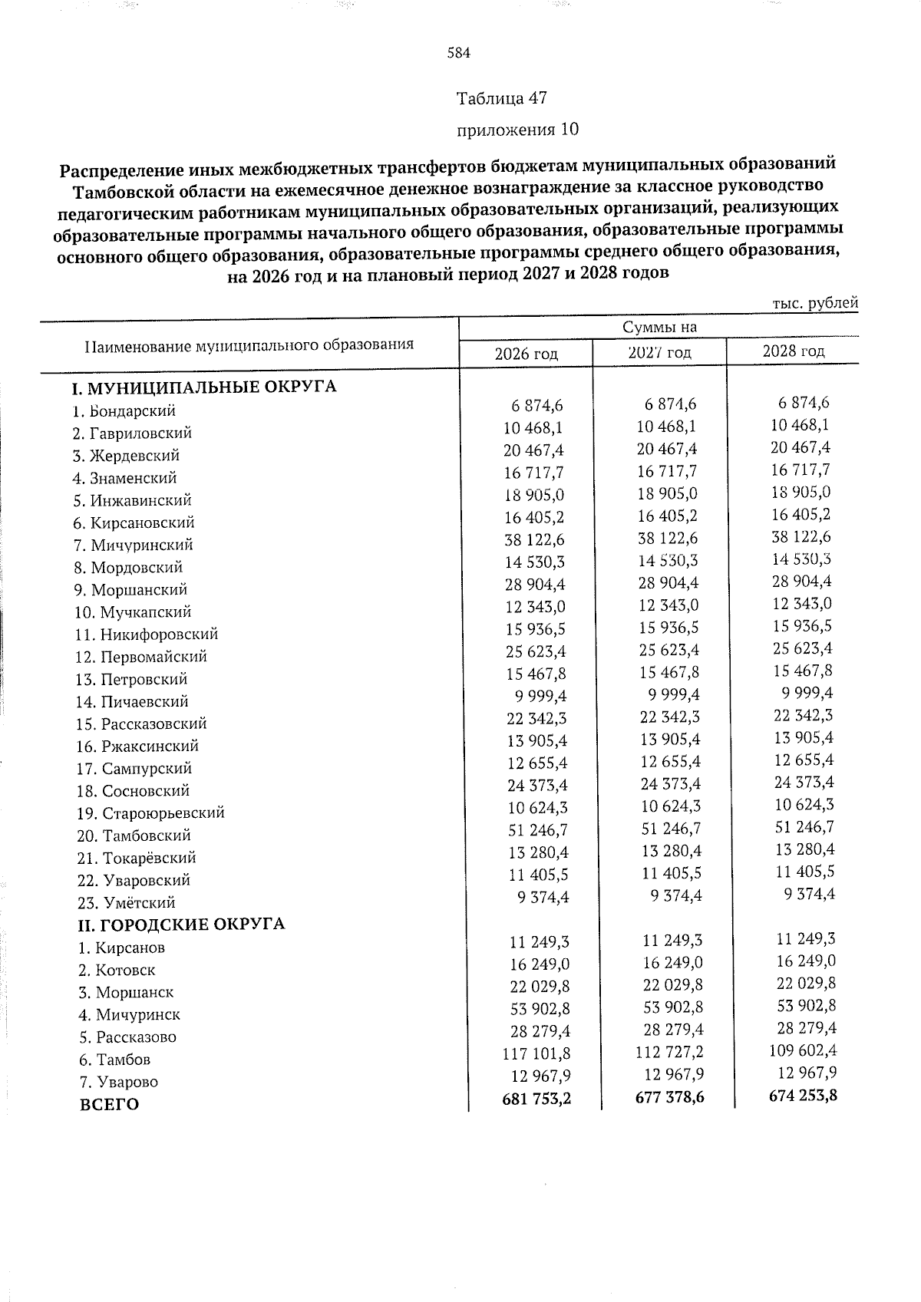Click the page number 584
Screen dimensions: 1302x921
(x=458, y=53)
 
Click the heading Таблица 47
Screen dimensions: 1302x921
(x=501, y=99)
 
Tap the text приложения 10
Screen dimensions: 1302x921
(x=517, y=130)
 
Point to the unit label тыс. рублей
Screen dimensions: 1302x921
(x=814, y=303)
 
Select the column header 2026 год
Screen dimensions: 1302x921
(x=526, y=354)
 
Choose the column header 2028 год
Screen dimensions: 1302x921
(x=793, y=351)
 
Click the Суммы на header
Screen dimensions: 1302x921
(x=659, y=328)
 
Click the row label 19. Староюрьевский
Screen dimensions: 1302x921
(x=150, y=813)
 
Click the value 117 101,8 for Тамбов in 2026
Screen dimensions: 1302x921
(x=536, y=1054)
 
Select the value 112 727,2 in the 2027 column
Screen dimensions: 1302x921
(x=669, y=1053)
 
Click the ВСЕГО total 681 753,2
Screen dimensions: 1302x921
(x=536, y=1099)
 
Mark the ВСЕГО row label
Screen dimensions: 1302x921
(x=109, y=1106)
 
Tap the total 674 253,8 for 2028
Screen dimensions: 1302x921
(x=802, y=1095)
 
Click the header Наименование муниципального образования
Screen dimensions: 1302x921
(x=249, y=345)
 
